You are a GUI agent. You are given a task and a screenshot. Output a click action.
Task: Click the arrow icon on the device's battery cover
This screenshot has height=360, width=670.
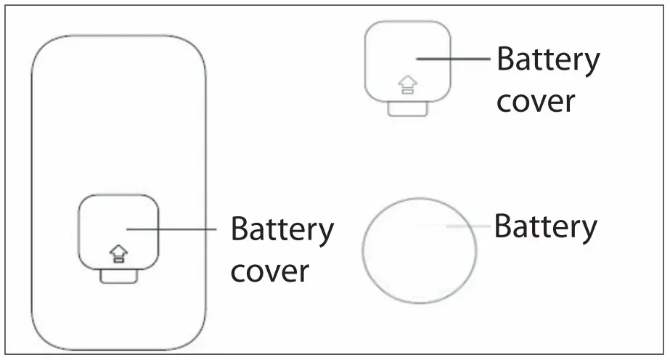(x=118, y=253)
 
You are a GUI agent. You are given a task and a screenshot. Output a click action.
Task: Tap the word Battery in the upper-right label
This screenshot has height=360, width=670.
(x=548, y=60)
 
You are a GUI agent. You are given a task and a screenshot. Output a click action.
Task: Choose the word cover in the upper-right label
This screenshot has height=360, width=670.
(x=535, y=102)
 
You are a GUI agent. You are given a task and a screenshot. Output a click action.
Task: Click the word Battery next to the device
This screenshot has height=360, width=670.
(x=282, y=231)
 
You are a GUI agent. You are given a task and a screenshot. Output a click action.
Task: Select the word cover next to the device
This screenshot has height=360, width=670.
(x=269, y=271)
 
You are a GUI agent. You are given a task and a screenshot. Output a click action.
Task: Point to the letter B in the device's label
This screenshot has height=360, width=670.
(x=240, y=230)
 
